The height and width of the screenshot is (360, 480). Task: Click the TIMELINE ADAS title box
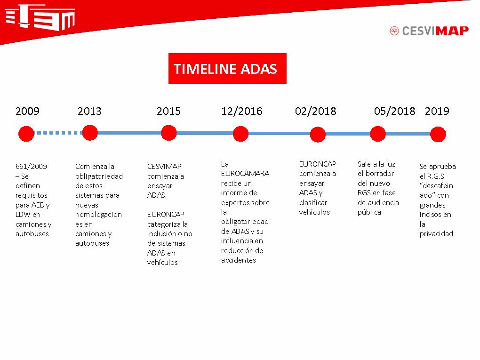coord(227,68)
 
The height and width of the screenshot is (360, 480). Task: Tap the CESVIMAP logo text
coord(435,31)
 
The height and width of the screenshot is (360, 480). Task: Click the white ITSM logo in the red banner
coord(40,17)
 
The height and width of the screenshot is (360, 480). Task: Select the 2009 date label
coord(28,111)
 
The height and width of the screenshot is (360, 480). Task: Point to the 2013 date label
coord(89,111)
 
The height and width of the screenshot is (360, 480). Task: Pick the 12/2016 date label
coord(242,111)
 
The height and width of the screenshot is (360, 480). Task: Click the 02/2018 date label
coord(316,111)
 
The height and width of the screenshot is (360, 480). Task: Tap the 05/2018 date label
coord(395,111)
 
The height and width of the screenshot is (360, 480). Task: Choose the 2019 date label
coord(437,111)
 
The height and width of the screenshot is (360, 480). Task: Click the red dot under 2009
coord(26,134)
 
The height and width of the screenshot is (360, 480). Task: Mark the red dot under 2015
coord(168,133)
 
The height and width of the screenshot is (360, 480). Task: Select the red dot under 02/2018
coord(318,135)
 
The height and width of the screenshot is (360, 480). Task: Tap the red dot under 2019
coord(438,135)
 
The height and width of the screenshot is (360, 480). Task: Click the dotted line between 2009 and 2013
coord(58,133)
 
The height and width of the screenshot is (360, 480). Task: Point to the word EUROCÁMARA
coord(245,174)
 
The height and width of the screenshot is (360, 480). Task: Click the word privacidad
coord(436,234)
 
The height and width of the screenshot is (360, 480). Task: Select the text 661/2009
coord(31,167)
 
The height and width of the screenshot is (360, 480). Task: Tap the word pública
coord(369,212)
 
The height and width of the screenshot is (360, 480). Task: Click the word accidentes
coord(239,260)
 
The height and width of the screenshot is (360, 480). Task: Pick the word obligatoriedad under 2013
coord(99,176)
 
